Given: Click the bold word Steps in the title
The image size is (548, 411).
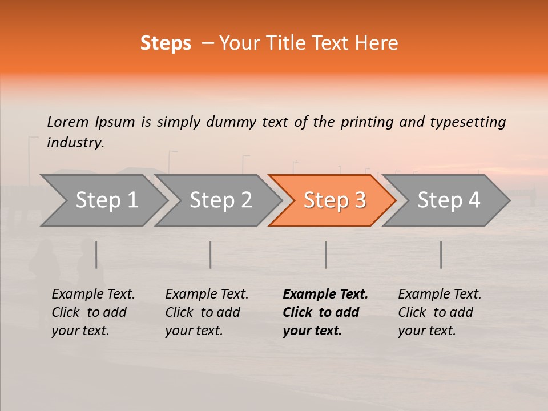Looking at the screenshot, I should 166,43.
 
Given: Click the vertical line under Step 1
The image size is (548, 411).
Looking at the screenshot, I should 96,255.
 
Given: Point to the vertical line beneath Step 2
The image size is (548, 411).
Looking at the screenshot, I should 211,255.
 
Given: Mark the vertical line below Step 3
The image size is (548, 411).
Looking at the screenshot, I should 325,255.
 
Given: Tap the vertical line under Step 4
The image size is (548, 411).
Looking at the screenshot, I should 441,255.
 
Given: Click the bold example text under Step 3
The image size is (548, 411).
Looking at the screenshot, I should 325,312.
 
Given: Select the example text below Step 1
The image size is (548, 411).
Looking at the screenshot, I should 93,312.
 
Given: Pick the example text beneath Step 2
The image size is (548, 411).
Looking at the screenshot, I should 207,312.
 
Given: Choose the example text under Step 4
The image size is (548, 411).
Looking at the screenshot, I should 440,312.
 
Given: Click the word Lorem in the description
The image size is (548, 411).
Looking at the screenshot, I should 67,122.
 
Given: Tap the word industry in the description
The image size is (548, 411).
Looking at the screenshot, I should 75,143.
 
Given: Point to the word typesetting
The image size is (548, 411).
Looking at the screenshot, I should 468,122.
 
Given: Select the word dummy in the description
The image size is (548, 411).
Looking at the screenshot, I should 231,122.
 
